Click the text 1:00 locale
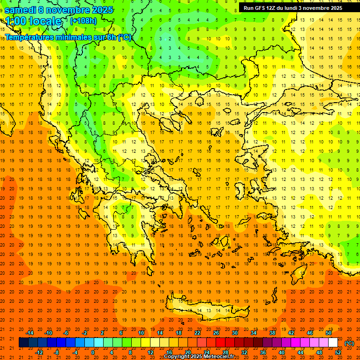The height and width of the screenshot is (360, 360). click(33, 21)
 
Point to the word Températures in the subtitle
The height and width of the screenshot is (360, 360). click(32, 37)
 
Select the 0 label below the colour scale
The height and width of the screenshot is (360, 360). click(93, 352)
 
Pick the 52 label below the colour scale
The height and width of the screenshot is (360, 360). click(338, 352)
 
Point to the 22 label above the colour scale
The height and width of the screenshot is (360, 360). click(197, 333)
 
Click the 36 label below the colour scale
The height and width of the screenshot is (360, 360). click(263, 352)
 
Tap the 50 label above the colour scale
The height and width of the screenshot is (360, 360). click(329, 333)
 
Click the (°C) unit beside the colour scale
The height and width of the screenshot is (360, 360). click(349, 343)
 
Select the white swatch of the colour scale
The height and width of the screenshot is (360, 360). click(333, 343)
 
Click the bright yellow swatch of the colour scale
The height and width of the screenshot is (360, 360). click(145, 343)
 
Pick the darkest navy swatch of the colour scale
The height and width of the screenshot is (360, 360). click(23, 343)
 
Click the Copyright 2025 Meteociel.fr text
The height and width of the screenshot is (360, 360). click(199, 357)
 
